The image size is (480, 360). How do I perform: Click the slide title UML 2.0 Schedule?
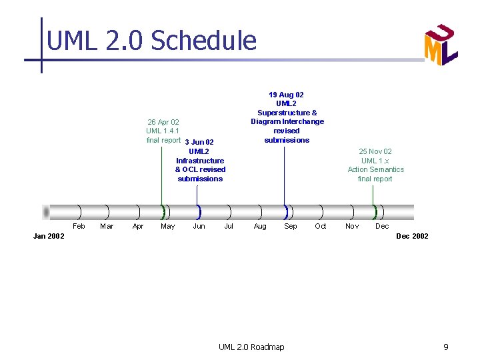click(151, 41)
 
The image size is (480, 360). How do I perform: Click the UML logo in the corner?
click(441, 45)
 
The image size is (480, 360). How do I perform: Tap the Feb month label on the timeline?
click(79, 227)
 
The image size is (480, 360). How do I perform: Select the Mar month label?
click(107, 227)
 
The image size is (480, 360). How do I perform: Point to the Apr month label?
click(138, 227)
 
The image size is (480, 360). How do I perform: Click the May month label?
click(168, 227)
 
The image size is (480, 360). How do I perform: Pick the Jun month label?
click(199, 227)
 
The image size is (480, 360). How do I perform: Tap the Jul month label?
click(229, 227)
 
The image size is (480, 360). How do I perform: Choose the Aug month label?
click(260, 227)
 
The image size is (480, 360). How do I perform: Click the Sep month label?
click(291, 227)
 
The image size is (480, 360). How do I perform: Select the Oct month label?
click(321, 227)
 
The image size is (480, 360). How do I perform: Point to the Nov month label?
click(352, 227)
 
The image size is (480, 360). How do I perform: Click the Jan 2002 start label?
click(49, 237)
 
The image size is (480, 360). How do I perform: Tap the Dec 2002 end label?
click(412, 237)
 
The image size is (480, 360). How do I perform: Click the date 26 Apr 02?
click(163, 122)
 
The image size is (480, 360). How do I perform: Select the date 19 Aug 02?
click(286, 95)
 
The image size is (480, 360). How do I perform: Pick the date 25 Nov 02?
click(375, 151)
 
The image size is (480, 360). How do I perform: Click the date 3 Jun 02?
click(199, 142)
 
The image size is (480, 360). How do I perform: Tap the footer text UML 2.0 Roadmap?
click(251, 347)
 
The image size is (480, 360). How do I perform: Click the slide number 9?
click(446, 347)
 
